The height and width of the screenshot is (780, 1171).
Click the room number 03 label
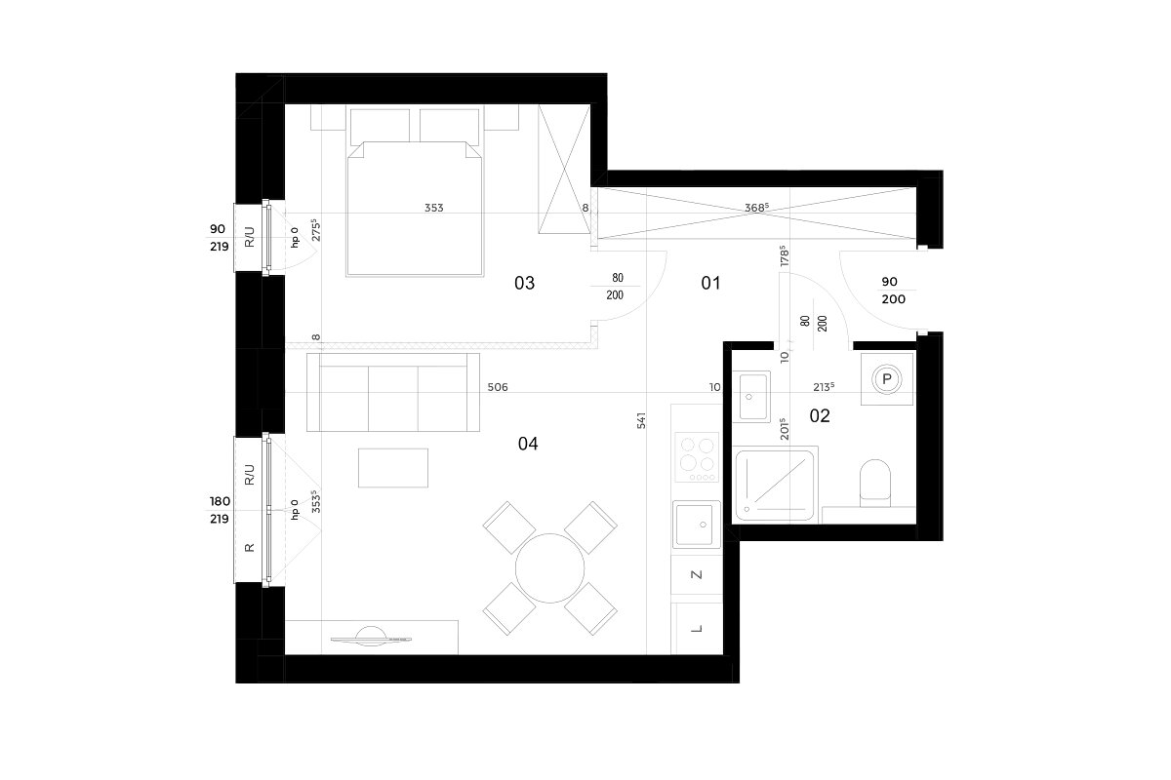pyautogui.click(x=524, y=283)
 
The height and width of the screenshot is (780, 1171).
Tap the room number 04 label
pyautogui.click(x=528, y=444)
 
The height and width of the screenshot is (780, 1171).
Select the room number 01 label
pyautogui.click(x=710, y=283)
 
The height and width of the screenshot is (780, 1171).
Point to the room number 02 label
pyautogui.click(x=819, y=416)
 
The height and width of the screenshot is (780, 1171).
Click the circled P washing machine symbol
pyautogui.click(x=887, y=378)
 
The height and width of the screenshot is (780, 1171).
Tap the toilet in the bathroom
pyautogui.click(x=875, y=483)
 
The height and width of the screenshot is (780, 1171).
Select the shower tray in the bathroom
pyautogui.click(x=775, y=485)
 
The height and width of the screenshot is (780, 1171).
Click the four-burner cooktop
pyautogui.click(x=697, y=457)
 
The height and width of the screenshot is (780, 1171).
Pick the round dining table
pyautogui.click(x=550, y=568)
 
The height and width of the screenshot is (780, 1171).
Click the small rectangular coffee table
pyautogui.click(x=393, y=468)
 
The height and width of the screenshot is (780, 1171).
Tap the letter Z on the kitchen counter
pyautogui.click(x=697, y=574)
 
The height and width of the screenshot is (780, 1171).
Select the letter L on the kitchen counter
pyautogui.click(x=697, y=629)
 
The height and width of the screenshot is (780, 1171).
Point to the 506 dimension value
pyautogui.click(x=497, y=387)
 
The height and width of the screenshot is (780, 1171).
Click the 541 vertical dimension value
pyautogui.click(x=641, y=420)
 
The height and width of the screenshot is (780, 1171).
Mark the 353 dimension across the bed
pyautogui.click(x=434, y=208)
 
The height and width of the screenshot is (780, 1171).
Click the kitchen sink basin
pyautogui.click(x=697, y=524)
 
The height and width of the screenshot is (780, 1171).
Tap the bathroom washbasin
pyautogui.click(x=751, y=397)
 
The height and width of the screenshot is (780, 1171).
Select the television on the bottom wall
pyautogui.click(x=371, y=637)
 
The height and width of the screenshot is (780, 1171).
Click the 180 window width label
pyautogui.click(x=221, y=501)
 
